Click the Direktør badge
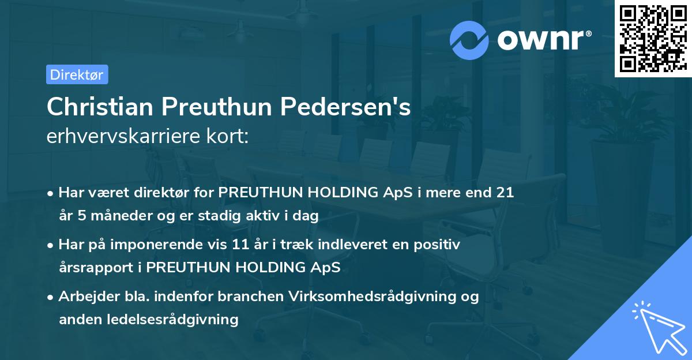tap(77, 74)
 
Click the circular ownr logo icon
tap(469, 40)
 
